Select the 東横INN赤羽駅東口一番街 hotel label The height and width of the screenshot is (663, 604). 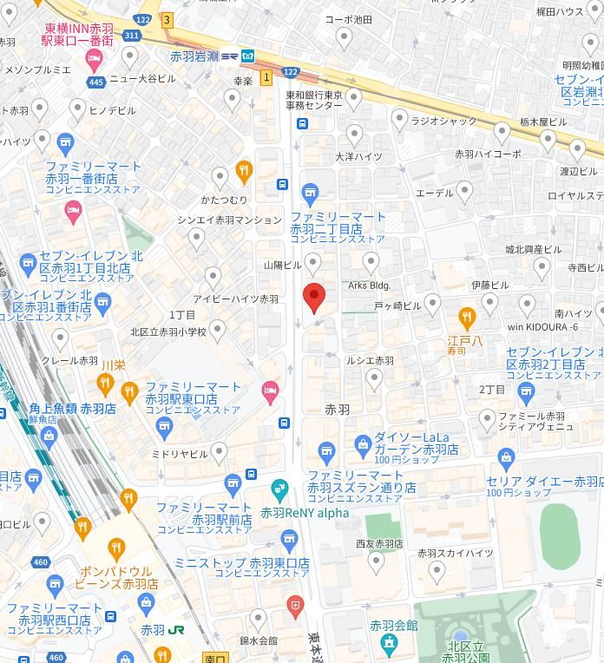click(x=77, y=34)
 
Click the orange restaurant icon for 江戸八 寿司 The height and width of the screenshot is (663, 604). click(x=467, y=315)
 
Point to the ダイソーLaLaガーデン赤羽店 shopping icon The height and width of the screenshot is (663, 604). click(x=363, y=445)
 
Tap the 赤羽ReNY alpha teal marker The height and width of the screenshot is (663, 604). click(x=279, y=489)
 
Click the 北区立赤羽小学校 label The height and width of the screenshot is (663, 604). click(x=168, y=331)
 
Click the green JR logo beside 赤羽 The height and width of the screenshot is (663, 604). click(x=175, y=630)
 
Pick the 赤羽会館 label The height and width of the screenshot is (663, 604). click(x=393, y=625)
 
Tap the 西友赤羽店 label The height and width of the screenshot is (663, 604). click(x=379, y=544)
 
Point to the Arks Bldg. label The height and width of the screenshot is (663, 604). click(x=370, y=285)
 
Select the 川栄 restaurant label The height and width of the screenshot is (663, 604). click(x=114, y=364)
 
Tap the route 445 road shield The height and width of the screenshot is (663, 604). click(x=95, y=82)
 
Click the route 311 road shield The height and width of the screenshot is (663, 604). click(x=130, y=36)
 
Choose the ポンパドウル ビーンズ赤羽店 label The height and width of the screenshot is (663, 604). click(x=116, y=578)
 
